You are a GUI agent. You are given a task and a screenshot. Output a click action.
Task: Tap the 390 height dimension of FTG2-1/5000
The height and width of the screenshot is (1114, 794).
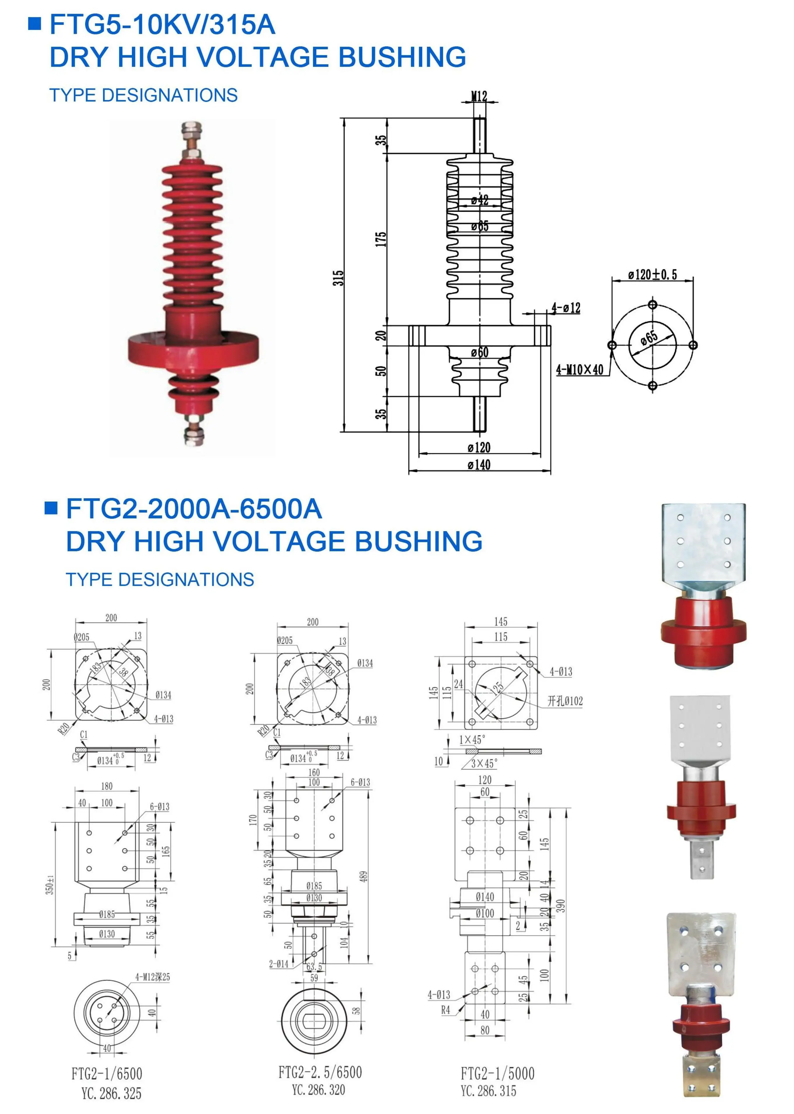pos(561,906)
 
